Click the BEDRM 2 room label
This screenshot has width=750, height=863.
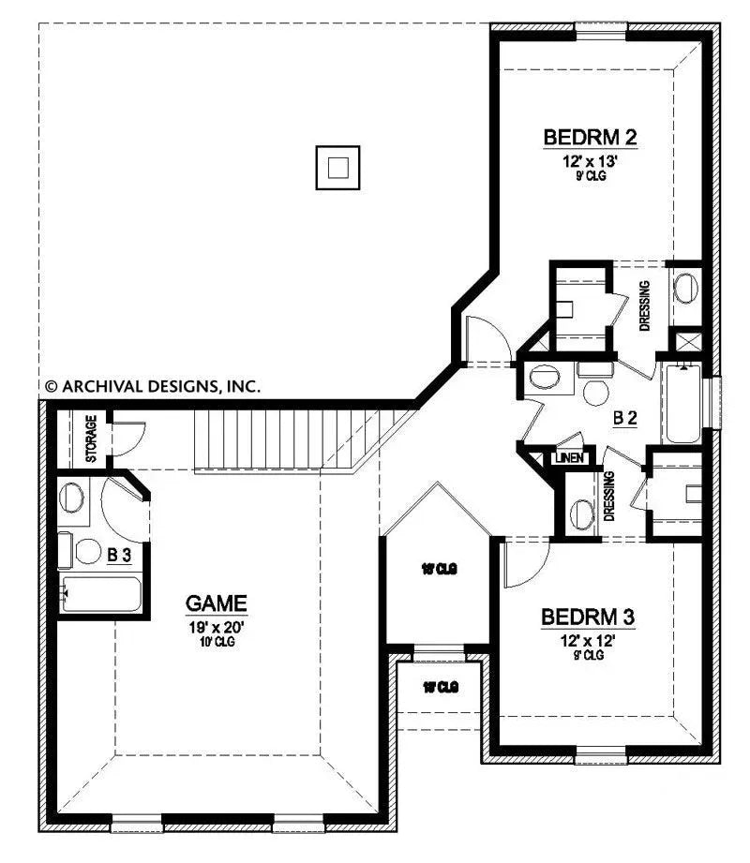tap(591, 138)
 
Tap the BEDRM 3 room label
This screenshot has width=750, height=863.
tap(589, 617)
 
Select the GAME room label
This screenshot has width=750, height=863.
tap(217, 602)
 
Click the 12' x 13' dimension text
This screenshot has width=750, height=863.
tap(591, 161)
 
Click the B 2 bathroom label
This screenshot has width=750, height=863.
tap(625, 419)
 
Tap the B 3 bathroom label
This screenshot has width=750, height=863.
tap(118, 555)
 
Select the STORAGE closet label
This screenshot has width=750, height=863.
tap(92, 439)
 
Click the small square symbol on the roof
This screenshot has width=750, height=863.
tap(338, 168)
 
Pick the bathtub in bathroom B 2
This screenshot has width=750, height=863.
tap(683, 406)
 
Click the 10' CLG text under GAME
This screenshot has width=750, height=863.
tap(217, 641)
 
